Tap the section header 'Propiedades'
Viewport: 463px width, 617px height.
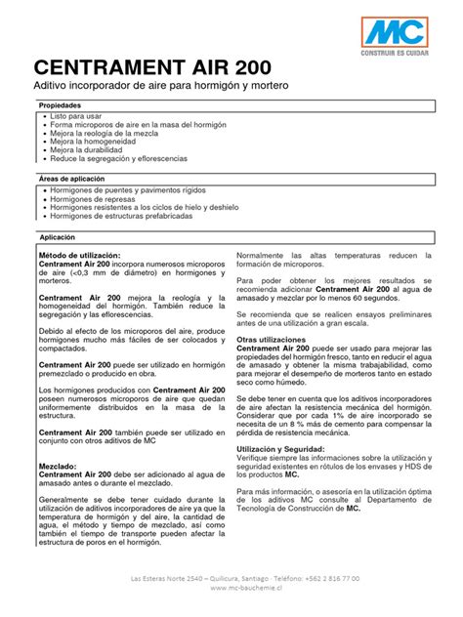[60, 104]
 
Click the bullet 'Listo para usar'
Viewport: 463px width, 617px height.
[76, 115]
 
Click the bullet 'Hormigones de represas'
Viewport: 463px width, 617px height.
[92, 198]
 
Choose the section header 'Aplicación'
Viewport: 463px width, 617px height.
[57, 237]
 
